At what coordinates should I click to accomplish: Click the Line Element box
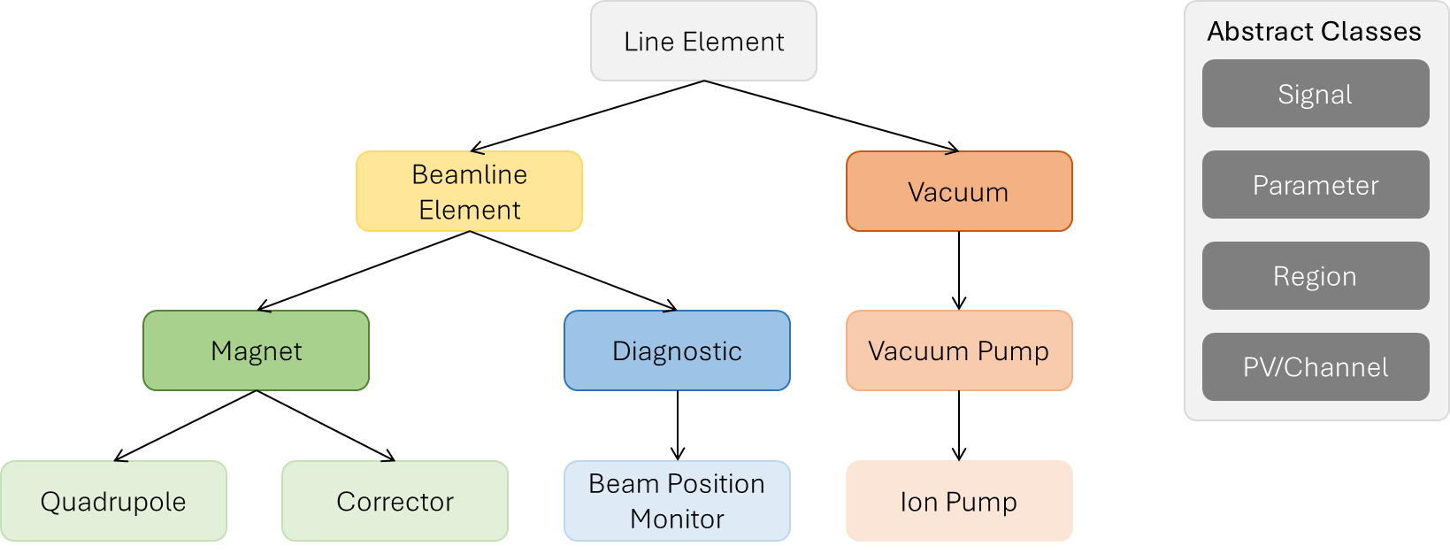coord(703,42)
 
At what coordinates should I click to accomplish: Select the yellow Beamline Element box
coord(469,191)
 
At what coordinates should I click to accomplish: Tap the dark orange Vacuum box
coord(959,192)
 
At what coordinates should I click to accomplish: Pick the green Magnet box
coord(257,350)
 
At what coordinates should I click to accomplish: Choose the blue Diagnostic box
coord(677,350)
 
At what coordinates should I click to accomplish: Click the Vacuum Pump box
coord(959,350)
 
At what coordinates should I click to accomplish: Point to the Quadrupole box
coord(113,501)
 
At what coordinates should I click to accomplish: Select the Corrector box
coord(395,501)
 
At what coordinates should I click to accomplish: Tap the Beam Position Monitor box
coord(677,501)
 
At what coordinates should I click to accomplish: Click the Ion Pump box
coord(959,501)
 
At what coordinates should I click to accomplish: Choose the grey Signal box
coord(1315,94)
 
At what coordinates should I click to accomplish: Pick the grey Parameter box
coord(1315,185)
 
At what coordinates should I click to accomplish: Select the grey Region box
coord(1315,276)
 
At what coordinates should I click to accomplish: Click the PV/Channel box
coord(1315,367)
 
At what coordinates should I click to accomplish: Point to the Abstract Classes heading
coord(1314,32)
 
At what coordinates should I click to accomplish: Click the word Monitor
coord(677,519)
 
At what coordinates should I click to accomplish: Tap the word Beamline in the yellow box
coord(469,174)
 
